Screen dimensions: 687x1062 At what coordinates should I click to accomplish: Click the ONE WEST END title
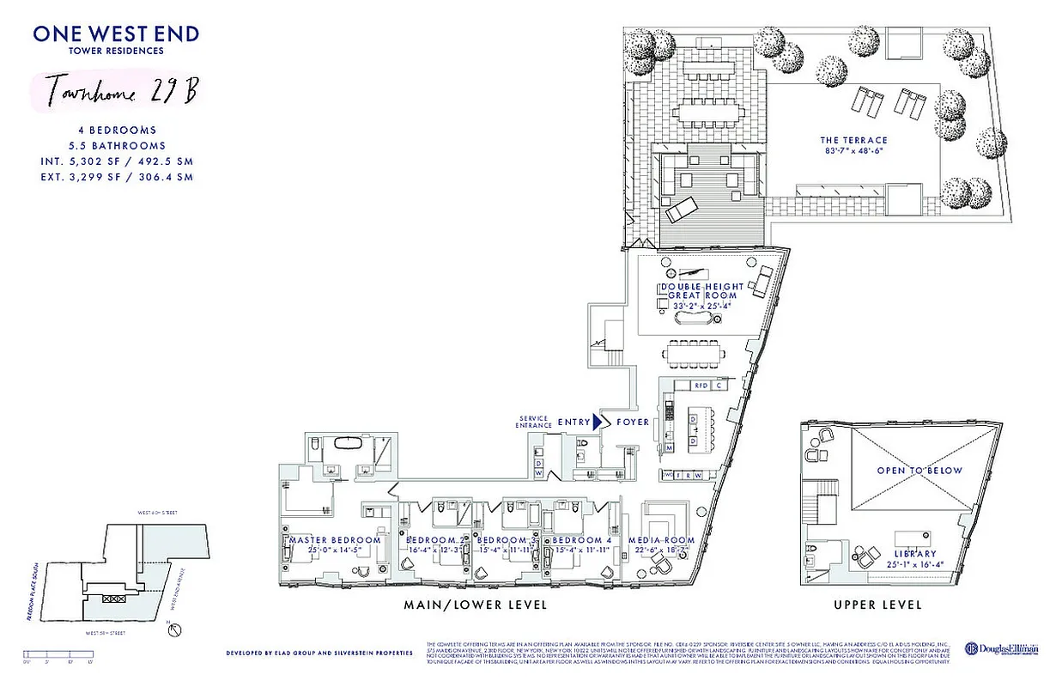(116, 34)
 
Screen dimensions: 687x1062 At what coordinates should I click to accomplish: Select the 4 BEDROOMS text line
(116, 131)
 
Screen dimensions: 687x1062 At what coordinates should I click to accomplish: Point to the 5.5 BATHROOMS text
(116, 146)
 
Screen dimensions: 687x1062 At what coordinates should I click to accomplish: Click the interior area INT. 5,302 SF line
(116, 161)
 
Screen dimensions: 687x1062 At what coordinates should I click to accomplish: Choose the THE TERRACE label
(853, 141)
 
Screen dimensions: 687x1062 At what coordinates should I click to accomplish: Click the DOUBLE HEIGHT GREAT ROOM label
(694, 290)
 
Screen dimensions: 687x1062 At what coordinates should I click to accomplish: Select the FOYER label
(632, 422)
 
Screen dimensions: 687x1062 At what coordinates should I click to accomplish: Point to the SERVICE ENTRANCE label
(532, 422)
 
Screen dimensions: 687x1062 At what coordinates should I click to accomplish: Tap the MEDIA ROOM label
(667, 540)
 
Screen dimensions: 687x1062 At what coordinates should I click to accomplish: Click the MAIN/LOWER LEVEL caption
(476, 605)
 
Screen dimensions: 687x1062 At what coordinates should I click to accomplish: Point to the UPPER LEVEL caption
(877, 605)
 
